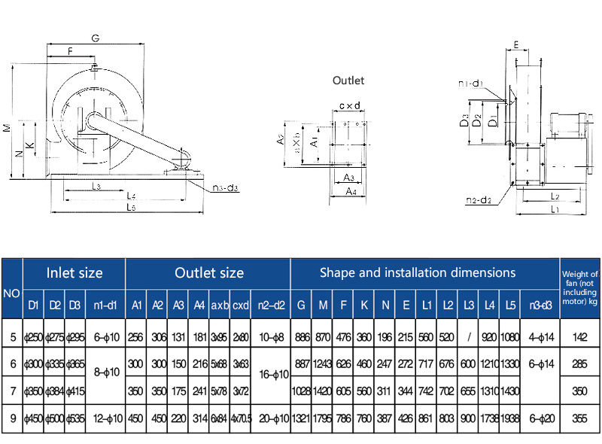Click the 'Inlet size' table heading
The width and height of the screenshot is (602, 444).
point(74,272)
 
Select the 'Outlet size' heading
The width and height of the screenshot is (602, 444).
point(208,272)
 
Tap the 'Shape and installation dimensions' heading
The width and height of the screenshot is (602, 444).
point(418,272)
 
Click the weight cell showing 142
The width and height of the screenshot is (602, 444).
point(580,337)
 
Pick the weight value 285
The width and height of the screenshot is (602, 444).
point(580,364)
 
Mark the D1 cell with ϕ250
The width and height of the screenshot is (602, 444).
point(33,337)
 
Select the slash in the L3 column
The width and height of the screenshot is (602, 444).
point(469,337)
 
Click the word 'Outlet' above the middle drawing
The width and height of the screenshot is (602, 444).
point(348,81)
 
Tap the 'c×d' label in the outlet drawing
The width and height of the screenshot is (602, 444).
point(349,106)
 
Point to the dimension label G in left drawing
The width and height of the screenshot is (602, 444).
point(96,38)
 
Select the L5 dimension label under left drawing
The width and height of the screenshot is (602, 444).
point(130,208)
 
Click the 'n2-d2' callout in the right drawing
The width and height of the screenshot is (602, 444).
point(479,200)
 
